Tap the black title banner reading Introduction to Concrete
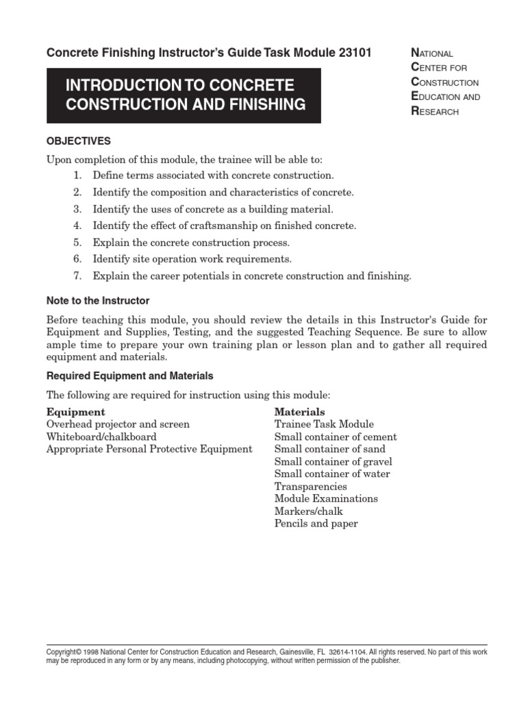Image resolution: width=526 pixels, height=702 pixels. [184, 95]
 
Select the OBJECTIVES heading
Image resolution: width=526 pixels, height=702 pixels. [78, 141]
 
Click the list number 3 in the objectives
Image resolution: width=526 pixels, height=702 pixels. [77, 208]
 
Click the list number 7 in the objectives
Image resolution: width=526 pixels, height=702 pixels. [77, 276]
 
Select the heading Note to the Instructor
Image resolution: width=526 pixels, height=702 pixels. [97, 300]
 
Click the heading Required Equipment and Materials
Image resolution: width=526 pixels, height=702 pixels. [129, 376]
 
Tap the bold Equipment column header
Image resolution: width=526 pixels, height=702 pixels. [75, 412]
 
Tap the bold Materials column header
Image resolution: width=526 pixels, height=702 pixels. [299, 412]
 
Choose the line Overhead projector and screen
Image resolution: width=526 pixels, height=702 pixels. [118, 424]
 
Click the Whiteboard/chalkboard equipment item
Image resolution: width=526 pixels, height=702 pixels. [101, 437]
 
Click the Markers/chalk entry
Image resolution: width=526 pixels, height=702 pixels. [308, 511]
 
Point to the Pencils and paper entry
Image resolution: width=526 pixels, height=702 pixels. [316, 523]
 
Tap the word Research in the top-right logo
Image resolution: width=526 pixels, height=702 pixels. [434, 111]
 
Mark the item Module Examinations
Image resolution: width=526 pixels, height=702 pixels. [326, 498]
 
